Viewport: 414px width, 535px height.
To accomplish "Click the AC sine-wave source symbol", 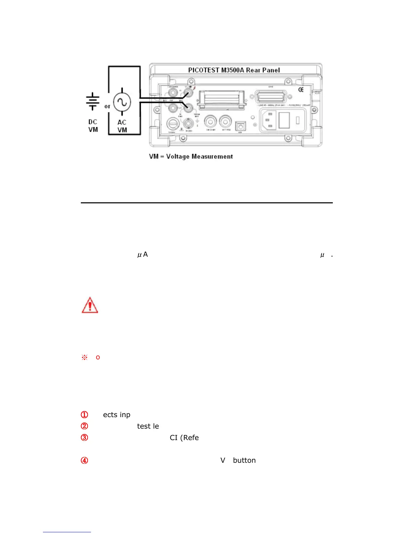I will click(x=122, y=102).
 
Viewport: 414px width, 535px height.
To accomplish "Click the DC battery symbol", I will click(x=92, y=101).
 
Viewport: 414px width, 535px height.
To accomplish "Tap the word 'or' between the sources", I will click(x=107, y=106).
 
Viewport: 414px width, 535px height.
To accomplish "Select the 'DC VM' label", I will click(x=93, y=126).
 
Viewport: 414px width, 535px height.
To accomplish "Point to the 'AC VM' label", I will click(x=122, y=126).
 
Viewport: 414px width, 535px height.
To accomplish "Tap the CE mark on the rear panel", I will click(x=301, y=90).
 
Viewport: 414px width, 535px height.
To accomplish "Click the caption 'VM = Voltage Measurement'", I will click(x=191, y=156).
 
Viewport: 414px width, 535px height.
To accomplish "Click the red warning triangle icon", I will click(x=90, y=305).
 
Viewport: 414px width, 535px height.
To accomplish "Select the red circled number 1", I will click(x=84, y=415).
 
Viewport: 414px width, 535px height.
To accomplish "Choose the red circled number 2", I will click(x=84, y=426).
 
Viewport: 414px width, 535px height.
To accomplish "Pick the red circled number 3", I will click(x=84, y=438).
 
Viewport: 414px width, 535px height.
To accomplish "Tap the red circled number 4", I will click(x=84, y=460).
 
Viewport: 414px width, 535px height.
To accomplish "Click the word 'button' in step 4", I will click(x=244, y=460).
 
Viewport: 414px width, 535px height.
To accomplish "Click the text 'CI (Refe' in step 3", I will click(x=184, y=438).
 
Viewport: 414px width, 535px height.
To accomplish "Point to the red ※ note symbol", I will click(x=85, y=357).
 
